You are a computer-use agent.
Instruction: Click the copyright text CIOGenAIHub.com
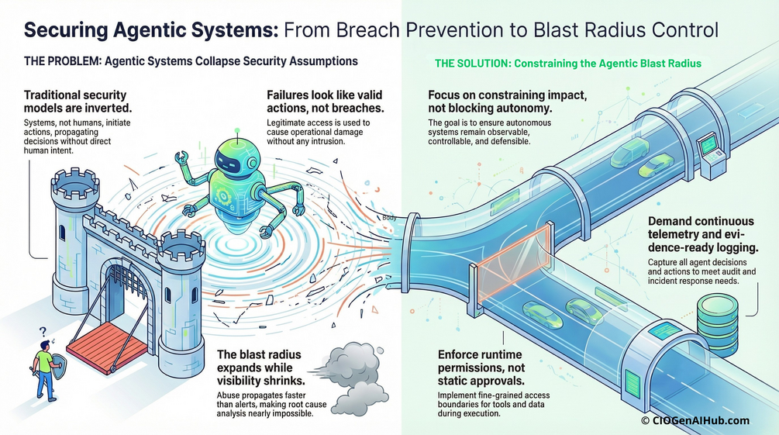pos(695,420)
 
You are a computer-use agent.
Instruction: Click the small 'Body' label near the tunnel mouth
pos(389,218)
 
